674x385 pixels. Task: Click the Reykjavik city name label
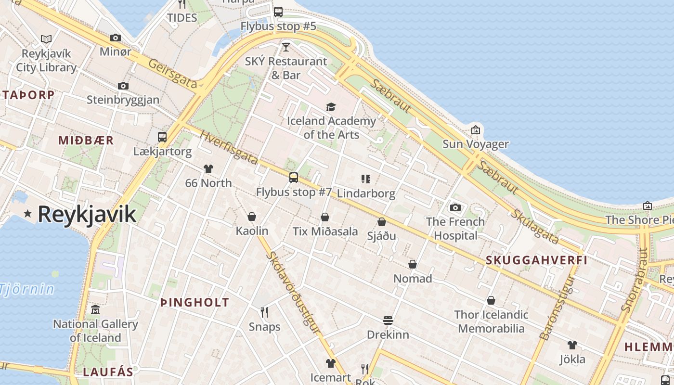point(87,214)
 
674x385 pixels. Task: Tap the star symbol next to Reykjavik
point(28,213)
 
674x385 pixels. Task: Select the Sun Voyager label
point(475,144)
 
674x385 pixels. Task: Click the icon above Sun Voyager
point(476,130)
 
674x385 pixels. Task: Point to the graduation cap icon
point(331,107)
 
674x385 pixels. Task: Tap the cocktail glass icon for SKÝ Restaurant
point(286,47)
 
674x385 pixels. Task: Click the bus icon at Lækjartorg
point(162,137)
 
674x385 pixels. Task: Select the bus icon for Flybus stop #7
point(294,177)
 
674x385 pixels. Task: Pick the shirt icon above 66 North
point(208,168)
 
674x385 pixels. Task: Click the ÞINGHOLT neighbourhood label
point(194,303)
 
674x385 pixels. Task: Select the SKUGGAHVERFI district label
point(536,260)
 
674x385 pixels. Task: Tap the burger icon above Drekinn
point(388,320)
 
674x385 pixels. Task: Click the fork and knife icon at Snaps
point(264,312)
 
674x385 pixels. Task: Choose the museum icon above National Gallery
point(95,309)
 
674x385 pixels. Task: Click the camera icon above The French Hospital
point(455,207)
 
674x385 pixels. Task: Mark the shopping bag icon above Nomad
point(413,264)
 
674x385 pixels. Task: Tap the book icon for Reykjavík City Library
point(46,39)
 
